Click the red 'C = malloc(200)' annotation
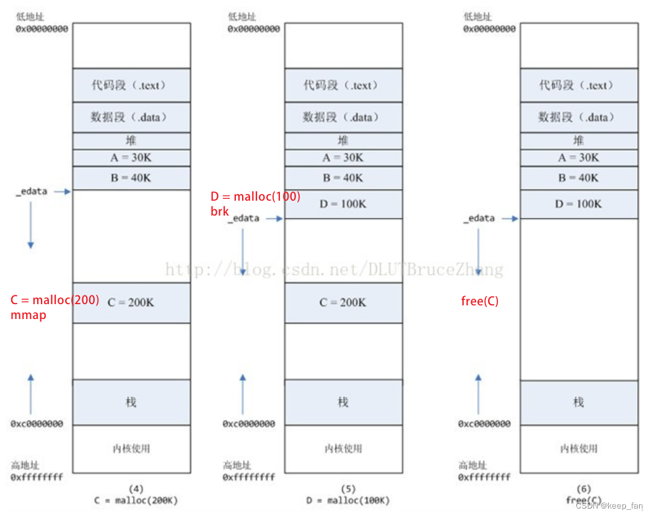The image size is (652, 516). coord(54,300)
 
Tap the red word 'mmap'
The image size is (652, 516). coord(28,315)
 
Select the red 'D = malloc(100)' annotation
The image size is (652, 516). coord(255,197)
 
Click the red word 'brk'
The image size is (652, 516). coord(220,211)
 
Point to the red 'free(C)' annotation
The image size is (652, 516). coord(480,302)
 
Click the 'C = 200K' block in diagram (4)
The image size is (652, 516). coord(131,303)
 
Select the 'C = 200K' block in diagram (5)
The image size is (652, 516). coord(343,303)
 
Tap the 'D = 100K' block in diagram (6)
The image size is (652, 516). coord(578,204)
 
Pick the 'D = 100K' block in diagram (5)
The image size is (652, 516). coord(343,204)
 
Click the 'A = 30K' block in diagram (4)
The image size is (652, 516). coord(131,158)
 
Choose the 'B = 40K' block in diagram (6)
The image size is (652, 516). coord(578,178)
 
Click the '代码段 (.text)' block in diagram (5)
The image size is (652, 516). coord(343,85)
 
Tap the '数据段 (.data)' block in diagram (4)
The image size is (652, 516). coord(131,117)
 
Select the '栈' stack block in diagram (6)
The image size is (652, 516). coord(578,403)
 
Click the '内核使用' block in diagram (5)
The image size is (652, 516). coord(343,448)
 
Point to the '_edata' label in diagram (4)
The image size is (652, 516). coord(32,191)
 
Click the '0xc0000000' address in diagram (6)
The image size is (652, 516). coord(484,424)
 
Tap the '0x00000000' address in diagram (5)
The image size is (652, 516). coord(254,28)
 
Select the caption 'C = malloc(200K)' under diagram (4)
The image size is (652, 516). coord(136,500)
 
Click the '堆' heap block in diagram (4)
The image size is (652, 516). coord(131,141)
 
